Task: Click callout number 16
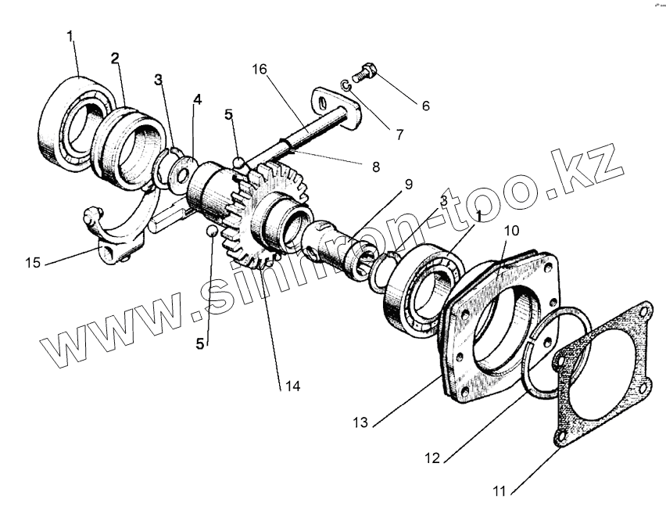pos(260,70)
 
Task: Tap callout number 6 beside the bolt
pos(425,105)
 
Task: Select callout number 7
pos(399,134)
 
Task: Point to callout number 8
pos(376,166)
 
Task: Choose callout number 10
pos(511,231)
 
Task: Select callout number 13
pos(360,422)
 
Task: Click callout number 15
pos(32,262)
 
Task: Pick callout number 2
pos(115,59)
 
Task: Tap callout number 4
pos(198,99)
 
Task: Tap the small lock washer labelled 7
pos(346,84)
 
